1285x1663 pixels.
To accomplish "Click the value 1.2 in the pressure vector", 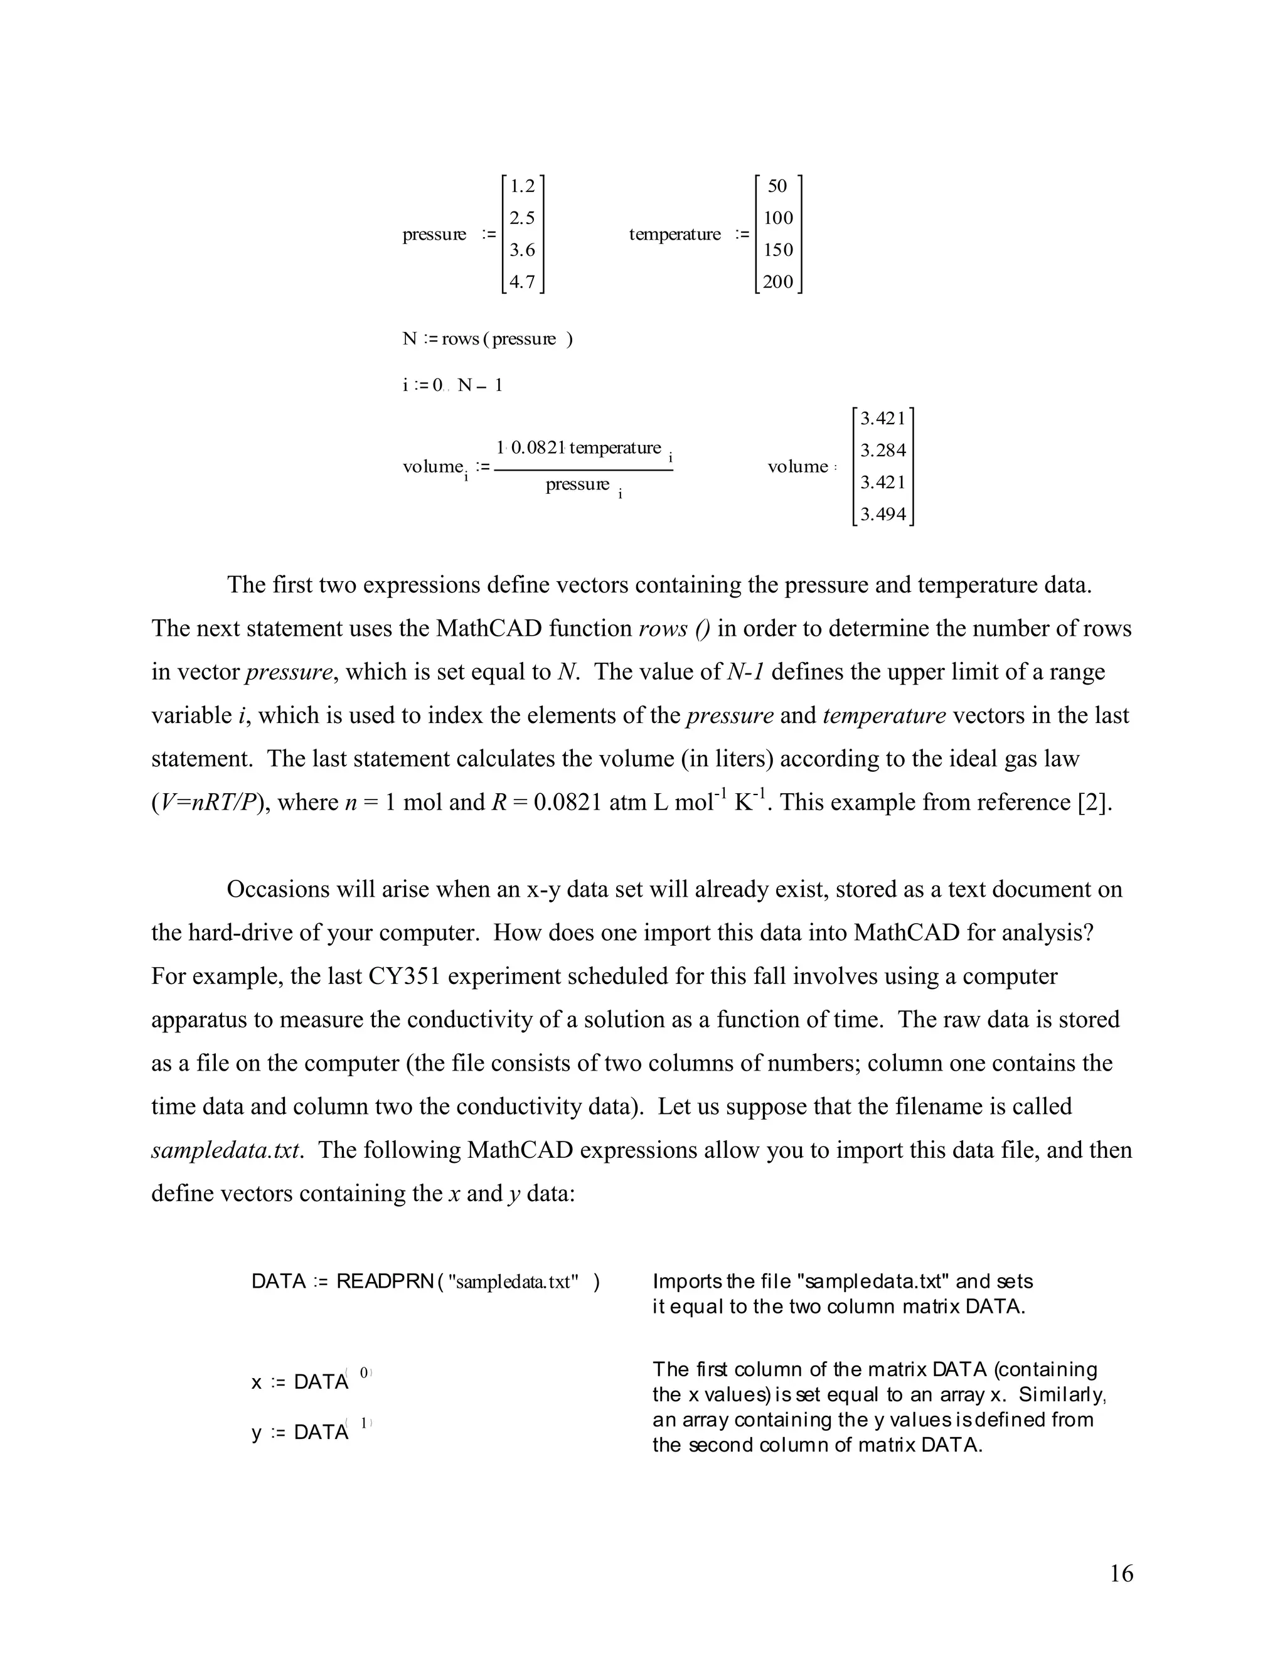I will pyautogui.click(x=522, y=186).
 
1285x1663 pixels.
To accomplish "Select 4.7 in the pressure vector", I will pyautogui.click(x=522, y=282).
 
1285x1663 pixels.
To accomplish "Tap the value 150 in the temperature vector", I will pyautogui.click(x=778, y=250).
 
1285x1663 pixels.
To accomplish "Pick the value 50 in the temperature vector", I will pyautogui.click(x=777, y=186).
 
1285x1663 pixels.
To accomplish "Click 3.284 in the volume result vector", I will pyautogui.click(x=883, y=451).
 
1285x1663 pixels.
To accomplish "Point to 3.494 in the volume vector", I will pyautogui.click(x=883, y=515).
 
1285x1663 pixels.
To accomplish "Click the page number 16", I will pyautogui.click(x=1121, y=1574).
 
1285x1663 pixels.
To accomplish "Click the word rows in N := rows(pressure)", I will pyautogui.click(x=460, y=340).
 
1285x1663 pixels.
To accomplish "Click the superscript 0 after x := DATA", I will pyautogui.click(x=364, y=1372).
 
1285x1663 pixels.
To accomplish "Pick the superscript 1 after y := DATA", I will pyautogui.click(x=364, y=1423).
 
